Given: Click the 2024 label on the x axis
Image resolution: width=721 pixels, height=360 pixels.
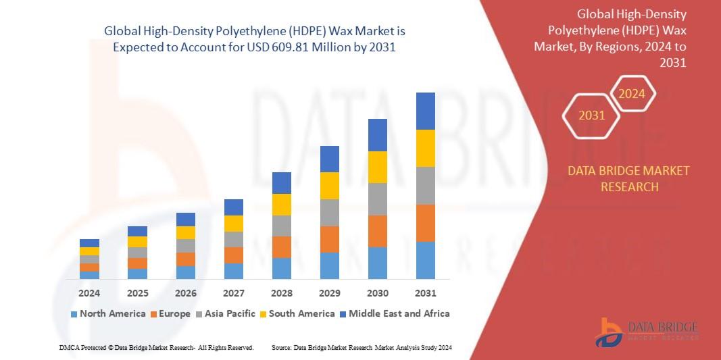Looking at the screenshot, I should pyautogui.click(x=89, y=293).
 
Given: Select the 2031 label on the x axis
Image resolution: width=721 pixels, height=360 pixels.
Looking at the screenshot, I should pyautogui.click(x=425, y=293).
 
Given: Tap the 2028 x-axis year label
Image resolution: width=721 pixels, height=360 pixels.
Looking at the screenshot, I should pyautogui.click(x=281, y=293).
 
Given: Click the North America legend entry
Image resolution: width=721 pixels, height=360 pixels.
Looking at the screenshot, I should pyautogui.click(x=107, y=313).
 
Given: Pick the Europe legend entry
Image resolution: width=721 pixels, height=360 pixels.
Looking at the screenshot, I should pyautogui.click(x=172, y=313).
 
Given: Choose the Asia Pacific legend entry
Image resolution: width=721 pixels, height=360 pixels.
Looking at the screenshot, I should pyautogui.click(x=225, y=313).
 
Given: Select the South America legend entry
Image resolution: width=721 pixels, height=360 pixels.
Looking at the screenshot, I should pyautogui.click(x=297, y=313).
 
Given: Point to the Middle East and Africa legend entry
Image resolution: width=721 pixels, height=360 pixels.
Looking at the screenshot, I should pyautogui.click(x=394, y=313).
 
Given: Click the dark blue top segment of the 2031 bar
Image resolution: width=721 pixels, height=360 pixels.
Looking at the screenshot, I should pyautogui.click(x=425, y=111).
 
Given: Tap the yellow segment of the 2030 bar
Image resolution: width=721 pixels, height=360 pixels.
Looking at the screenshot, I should pyautogui.click(x=377, y=167).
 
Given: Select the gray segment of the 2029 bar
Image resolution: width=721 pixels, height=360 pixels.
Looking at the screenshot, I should pyautogui.click(x=329, y=212).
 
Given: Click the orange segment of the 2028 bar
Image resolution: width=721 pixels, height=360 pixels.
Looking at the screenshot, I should pyautogui.click(x=281, y=247).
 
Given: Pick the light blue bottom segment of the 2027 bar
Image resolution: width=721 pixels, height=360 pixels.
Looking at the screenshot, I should pyautogui.click(x=233, y=271).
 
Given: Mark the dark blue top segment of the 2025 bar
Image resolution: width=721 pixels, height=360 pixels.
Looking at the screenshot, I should pyautogui.click(x=137, y=231).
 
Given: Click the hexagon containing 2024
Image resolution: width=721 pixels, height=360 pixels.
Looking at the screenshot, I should pyautogui.click(x=632, y=94).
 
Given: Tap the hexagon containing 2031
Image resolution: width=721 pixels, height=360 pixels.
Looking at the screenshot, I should pyautogui.click(x=591, y=115).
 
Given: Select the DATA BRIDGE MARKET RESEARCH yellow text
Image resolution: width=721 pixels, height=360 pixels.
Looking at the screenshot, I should pyautogui.click(x=629, y=178).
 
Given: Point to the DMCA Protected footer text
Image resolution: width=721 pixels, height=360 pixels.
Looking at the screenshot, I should pyautogui.click(x=155, y=347).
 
